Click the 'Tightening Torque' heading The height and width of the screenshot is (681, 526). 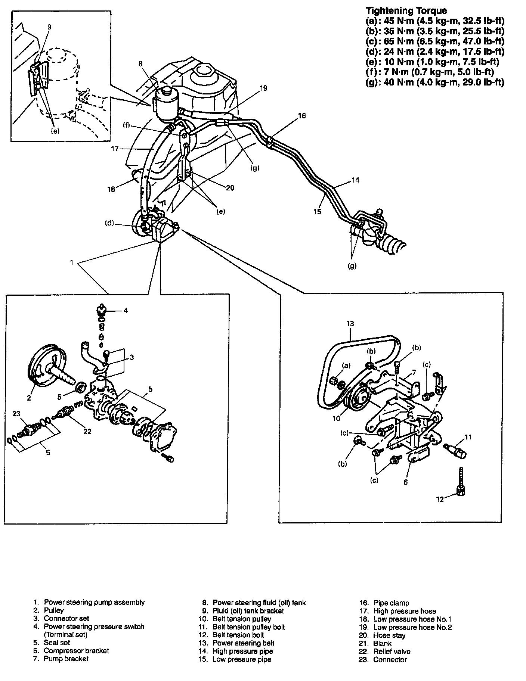click(x=406, y=10)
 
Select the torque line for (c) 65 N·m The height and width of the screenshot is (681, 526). click(x=435, y=41)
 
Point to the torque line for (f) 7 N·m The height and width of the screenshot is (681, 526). click(x=430, y=72)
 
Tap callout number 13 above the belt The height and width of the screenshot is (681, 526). click(x=350, y=324)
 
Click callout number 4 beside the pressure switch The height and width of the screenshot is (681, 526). click(x=126, y=310)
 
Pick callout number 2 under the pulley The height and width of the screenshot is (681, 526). click(x=29, y=398)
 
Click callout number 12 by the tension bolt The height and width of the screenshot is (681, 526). click(x=440, y=499)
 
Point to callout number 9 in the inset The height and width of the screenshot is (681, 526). click(x=49, y=27)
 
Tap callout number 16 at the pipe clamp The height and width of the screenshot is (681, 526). click(x=302, y=116)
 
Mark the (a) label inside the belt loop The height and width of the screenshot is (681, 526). click(x=346, y=366)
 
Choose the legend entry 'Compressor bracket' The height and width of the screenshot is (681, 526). click(x=76, y=651)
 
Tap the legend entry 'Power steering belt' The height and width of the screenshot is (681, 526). click(x=243, y=643)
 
